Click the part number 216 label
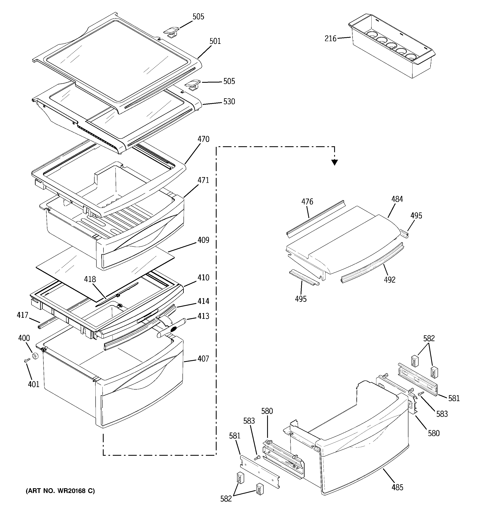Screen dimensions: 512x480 tap(330, 39)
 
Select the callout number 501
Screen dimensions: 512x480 tap(215, 41)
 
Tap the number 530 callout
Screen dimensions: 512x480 tap(229, 102)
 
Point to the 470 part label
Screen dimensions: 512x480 tap(203, 139)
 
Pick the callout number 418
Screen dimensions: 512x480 tap(90, 279)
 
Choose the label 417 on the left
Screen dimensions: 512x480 tap(22, 315)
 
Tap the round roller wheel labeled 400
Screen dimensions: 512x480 tap(35, 356)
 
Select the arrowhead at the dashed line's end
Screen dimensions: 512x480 tap(334, 162)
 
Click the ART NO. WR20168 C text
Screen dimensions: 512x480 tap(60, 491)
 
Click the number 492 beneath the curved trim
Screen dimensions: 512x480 tap(389, 280)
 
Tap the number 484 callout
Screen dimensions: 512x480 tap(397, 199)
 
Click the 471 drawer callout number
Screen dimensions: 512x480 tap(203, 180)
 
